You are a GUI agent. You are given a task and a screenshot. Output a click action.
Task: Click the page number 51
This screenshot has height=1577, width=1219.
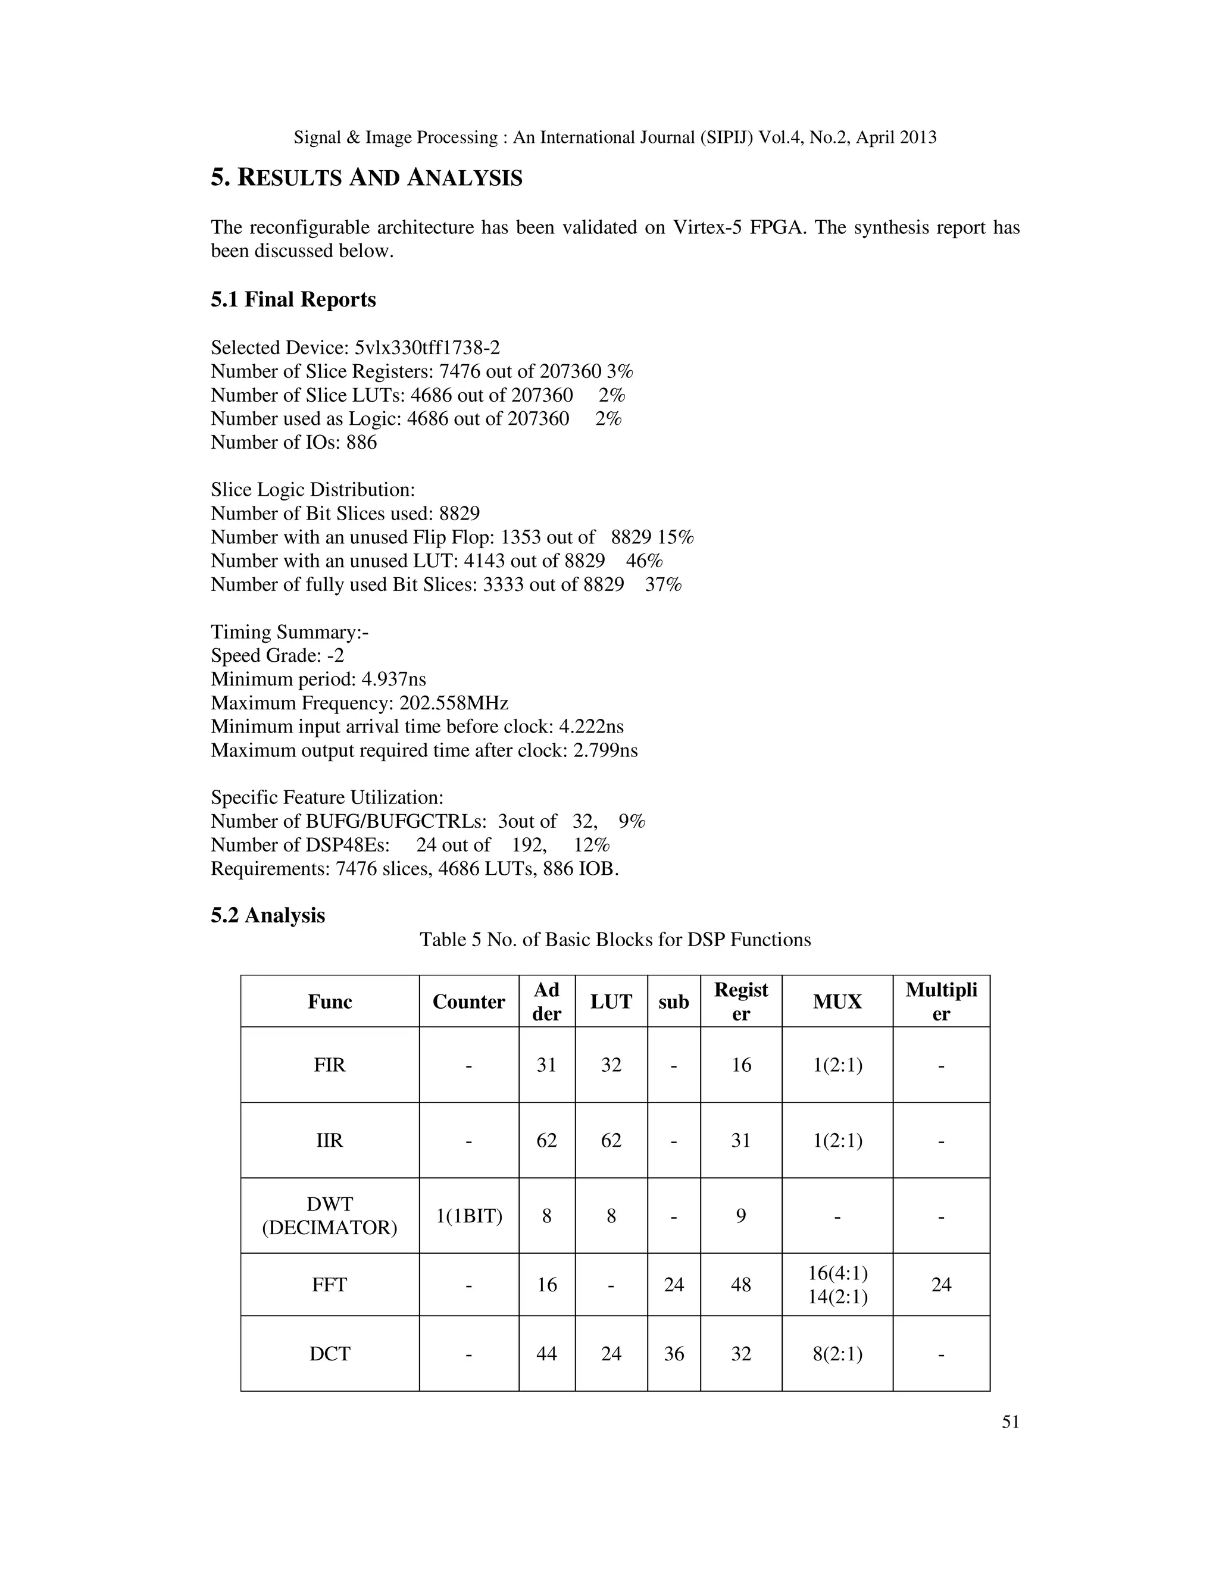coord(1010,1422)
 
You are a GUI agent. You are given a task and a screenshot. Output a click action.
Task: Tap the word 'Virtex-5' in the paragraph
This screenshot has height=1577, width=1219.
coord(708,227)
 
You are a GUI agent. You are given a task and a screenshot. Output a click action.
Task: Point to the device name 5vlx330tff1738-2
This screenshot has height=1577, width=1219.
coord(427,348)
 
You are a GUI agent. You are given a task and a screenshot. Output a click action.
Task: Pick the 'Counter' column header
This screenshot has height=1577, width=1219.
coord(468,1002)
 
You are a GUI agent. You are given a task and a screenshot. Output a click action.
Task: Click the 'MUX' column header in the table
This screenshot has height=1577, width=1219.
coord(837,1002)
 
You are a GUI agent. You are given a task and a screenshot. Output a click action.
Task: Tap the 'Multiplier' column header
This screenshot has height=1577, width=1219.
coord(941,1002)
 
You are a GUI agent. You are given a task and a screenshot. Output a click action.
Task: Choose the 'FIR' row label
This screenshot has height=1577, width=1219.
coord(330,1065)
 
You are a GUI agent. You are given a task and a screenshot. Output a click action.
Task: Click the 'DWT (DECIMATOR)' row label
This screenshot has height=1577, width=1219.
coord(330,1216)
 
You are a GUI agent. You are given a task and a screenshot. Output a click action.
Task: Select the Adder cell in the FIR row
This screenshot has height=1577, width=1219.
coord(546,1065)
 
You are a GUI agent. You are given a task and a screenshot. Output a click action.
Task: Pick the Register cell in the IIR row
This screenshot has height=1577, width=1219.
coord(741,1140)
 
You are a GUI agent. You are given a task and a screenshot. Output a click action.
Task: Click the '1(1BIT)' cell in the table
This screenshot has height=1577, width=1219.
coord(468,1216)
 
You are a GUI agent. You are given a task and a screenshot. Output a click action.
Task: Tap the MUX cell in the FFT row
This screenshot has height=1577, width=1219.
coord(837,1285)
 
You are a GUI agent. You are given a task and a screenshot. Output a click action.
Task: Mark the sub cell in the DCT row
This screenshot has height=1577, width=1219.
coord(674,1353)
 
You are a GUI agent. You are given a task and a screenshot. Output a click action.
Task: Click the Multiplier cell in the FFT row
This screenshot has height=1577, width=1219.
coord(941,1285)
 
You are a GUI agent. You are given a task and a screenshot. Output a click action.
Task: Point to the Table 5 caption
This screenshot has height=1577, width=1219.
coord(615,940)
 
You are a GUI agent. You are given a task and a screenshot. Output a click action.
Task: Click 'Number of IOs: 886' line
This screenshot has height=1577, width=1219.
coord(294,442)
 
